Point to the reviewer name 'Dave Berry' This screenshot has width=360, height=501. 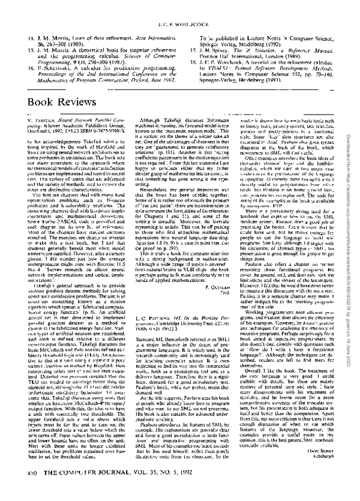point(323,465)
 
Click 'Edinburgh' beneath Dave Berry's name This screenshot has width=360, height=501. point(324,472)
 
